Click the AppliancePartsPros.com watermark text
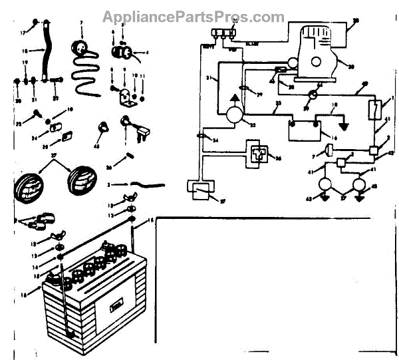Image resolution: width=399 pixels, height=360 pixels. point(193,17)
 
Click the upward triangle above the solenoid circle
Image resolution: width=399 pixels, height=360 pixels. point(235,97)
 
